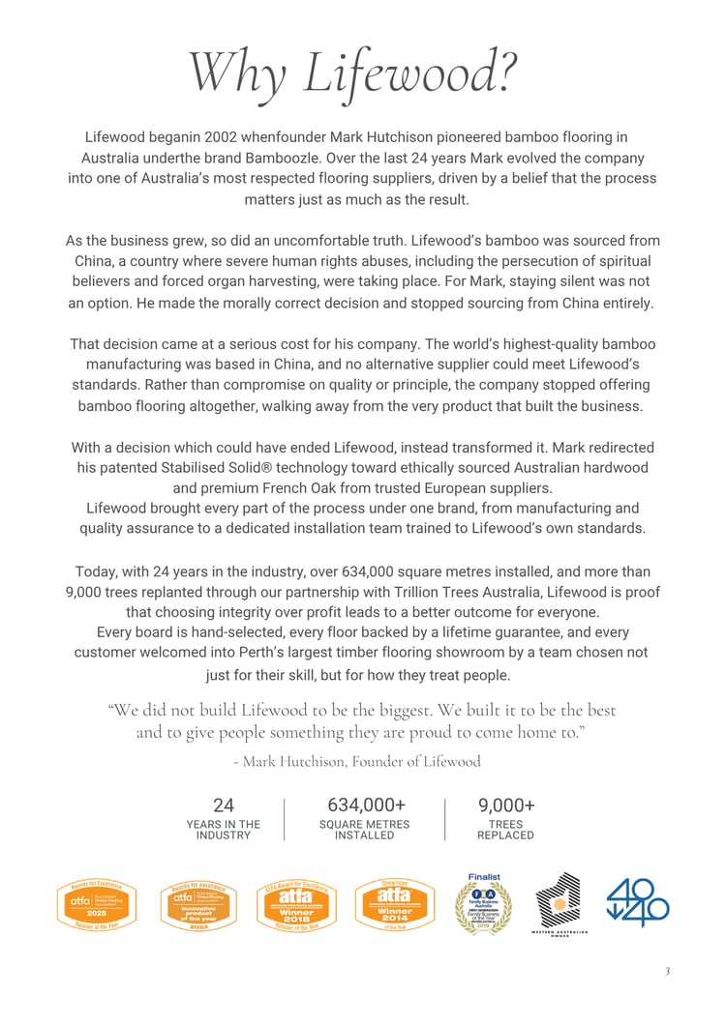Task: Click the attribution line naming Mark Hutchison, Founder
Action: pos(357,761)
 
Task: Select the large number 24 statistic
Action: pos(223,805)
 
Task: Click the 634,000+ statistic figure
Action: pos(365,805)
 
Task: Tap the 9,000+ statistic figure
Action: pos(506,805)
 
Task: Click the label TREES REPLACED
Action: pos(505,830)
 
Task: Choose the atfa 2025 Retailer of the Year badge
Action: pos(96,904)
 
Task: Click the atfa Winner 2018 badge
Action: pos(296,904)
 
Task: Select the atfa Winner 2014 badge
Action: pos(394,904)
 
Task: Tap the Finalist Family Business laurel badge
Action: pos(484,904)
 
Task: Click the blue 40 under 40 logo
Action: pos(638,901)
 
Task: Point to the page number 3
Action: pos(666,971)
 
